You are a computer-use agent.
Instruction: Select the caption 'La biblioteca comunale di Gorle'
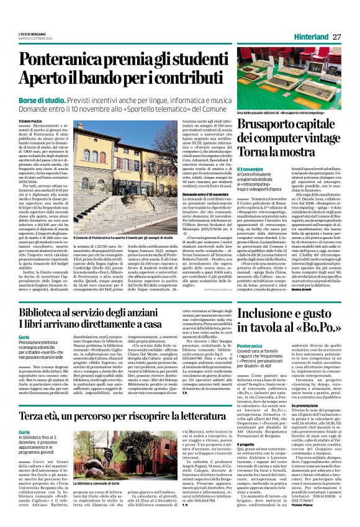coord(99,500)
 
